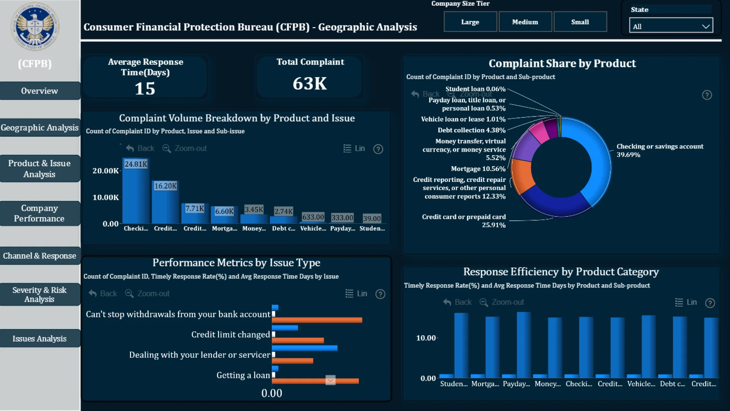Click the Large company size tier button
click(x=470, y=22)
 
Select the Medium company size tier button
click(x=525, y=22)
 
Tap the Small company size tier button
click(x=580, y=22)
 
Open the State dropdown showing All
click(x=671, y=26)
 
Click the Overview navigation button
click(x=40, y=91)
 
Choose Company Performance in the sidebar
click(x=40, y=213)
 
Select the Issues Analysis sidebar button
click(x=40, y=338)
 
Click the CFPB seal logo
click(x=35, y=27)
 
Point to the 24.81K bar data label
click(x=136, y=164)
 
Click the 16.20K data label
click(x=165, y=186)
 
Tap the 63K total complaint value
click(x=309, y=83)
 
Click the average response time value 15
click(x=145, y=89)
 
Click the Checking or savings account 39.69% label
click(x=660, y=150)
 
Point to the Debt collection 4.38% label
click(x=471, y=130)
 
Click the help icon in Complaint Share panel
click(x=706, y=95)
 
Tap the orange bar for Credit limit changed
click(x=298, y=340)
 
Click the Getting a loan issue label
click(x=243, y=375)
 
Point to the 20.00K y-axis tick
click(x=105, y=171)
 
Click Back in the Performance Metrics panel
click(x=103, y=293)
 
